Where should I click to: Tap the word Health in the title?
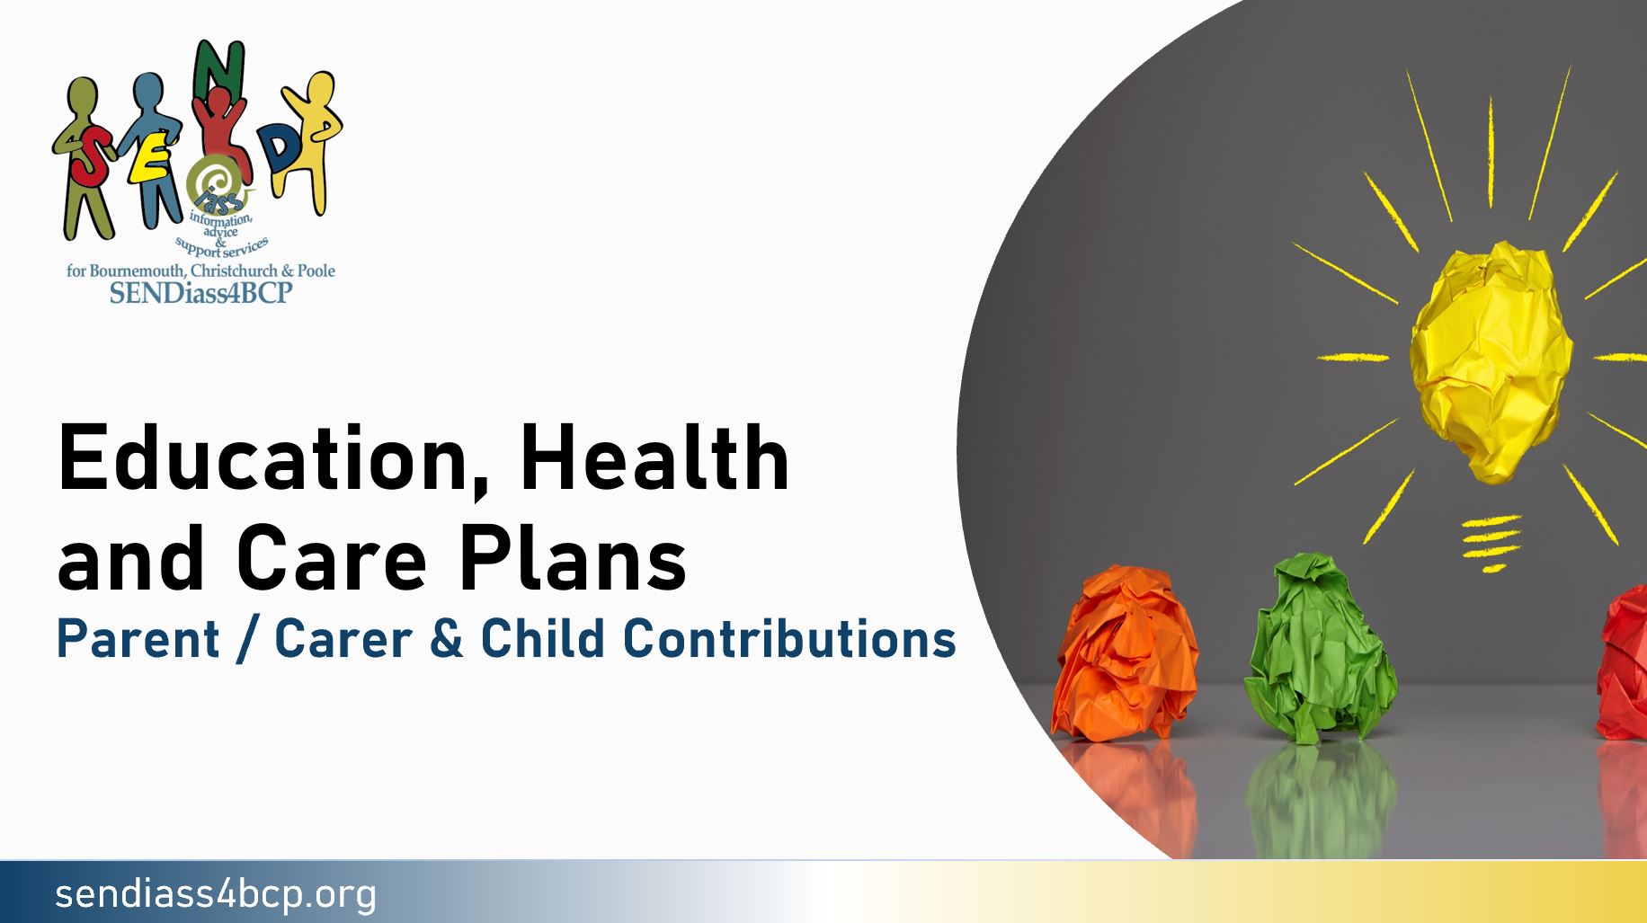point(654,459)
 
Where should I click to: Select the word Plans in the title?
point(573,559)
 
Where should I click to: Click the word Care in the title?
point(331,559)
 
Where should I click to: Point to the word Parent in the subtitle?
point(138,639)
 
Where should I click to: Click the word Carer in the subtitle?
point(343,639)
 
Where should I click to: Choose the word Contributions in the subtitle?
point(788,639)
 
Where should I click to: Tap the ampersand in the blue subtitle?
point(446,639)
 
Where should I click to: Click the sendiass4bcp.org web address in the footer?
point(216,894)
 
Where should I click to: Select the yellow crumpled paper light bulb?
point(1491,359)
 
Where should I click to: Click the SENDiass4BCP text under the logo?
point(200,293)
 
